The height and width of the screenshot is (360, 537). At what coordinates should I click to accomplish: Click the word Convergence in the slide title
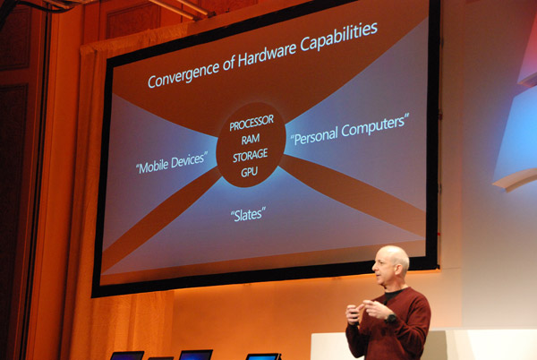click(x=183, y=74)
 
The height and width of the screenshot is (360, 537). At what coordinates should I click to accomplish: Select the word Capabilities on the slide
click(x=339, y=36)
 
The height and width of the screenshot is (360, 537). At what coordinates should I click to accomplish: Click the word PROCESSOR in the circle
click(x=251, y=123)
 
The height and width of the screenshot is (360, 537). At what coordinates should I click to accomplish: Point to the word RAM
click(x=251, y=140)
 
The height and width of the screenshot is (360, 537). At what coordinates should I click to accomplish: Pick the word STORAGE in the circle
click(x=251, y=156)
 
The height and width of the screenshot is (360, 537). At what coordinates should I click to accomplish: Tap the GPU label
click(x=250, y=172)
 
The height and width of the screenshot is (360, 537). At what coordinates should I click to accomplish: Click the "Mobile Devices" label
click(x=172, y=163)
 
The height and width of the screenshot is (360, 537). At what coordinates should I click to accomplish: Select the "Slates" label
click(x=248, y=214)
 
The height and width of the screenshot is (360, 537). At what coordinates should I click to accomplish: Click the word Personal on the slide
click(x=315, y=135)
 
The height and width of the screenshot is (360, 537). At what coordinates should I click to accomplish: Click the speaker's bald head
click(x=394, y=256)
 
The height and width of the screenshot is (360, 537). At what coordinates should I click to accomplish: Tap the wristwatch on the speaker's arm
click(x=391, y=318)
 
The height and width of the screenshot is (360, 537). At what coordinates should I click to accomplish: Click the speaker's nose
click(x=374, y=268)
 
